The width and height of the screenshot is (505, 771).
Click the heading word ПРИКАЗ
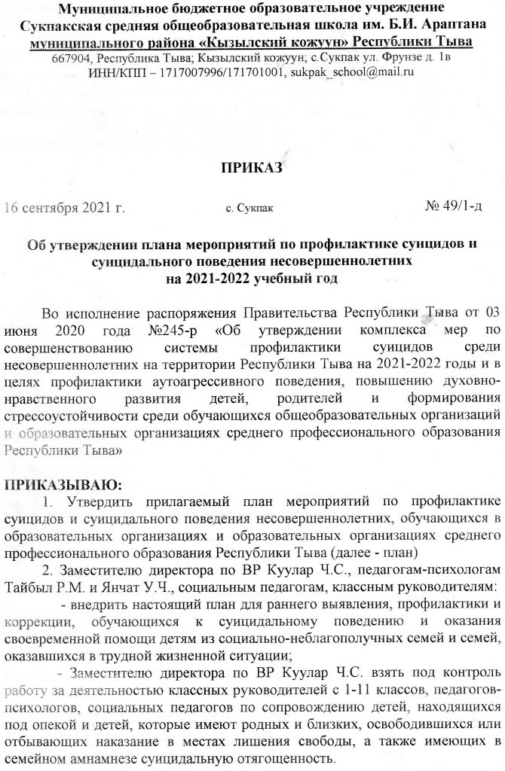252,166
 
